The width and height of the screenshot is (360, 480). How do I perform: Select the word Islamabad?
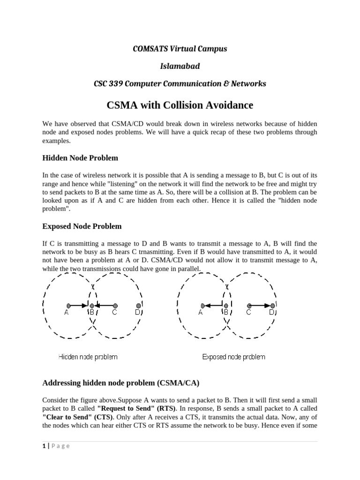[180, 66]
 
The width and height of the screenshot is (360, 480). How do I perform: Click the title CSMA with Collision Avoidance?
[180, 105]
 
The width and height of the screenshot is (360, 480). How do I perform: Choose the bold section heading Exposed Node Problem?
[82, 226]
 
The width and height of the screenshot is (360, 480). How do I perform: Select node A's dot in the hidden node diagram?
[68, 305]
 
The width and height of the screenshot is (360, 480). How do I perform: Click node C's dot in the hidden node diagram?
[114, 305]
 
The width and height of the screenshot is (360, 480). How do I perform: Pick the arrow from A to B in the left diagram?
[79, 305]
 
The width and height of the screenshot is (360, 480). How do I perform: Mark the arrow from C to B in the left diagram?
[104, 305]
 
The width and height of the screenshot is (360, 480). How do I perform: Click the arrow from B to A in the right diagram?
[213, 305]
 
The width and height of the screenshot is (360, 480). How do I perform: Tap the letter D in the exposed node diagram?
[272, 313]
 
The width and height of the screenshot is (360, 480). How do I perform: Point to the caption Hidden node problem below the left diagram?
[88, 357]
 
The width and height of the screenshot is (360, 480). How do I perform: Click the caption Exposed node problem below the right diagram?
[233, 357]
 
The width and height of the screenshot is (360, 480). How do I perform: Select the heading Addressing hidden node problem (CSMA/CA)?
[121, 383]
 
